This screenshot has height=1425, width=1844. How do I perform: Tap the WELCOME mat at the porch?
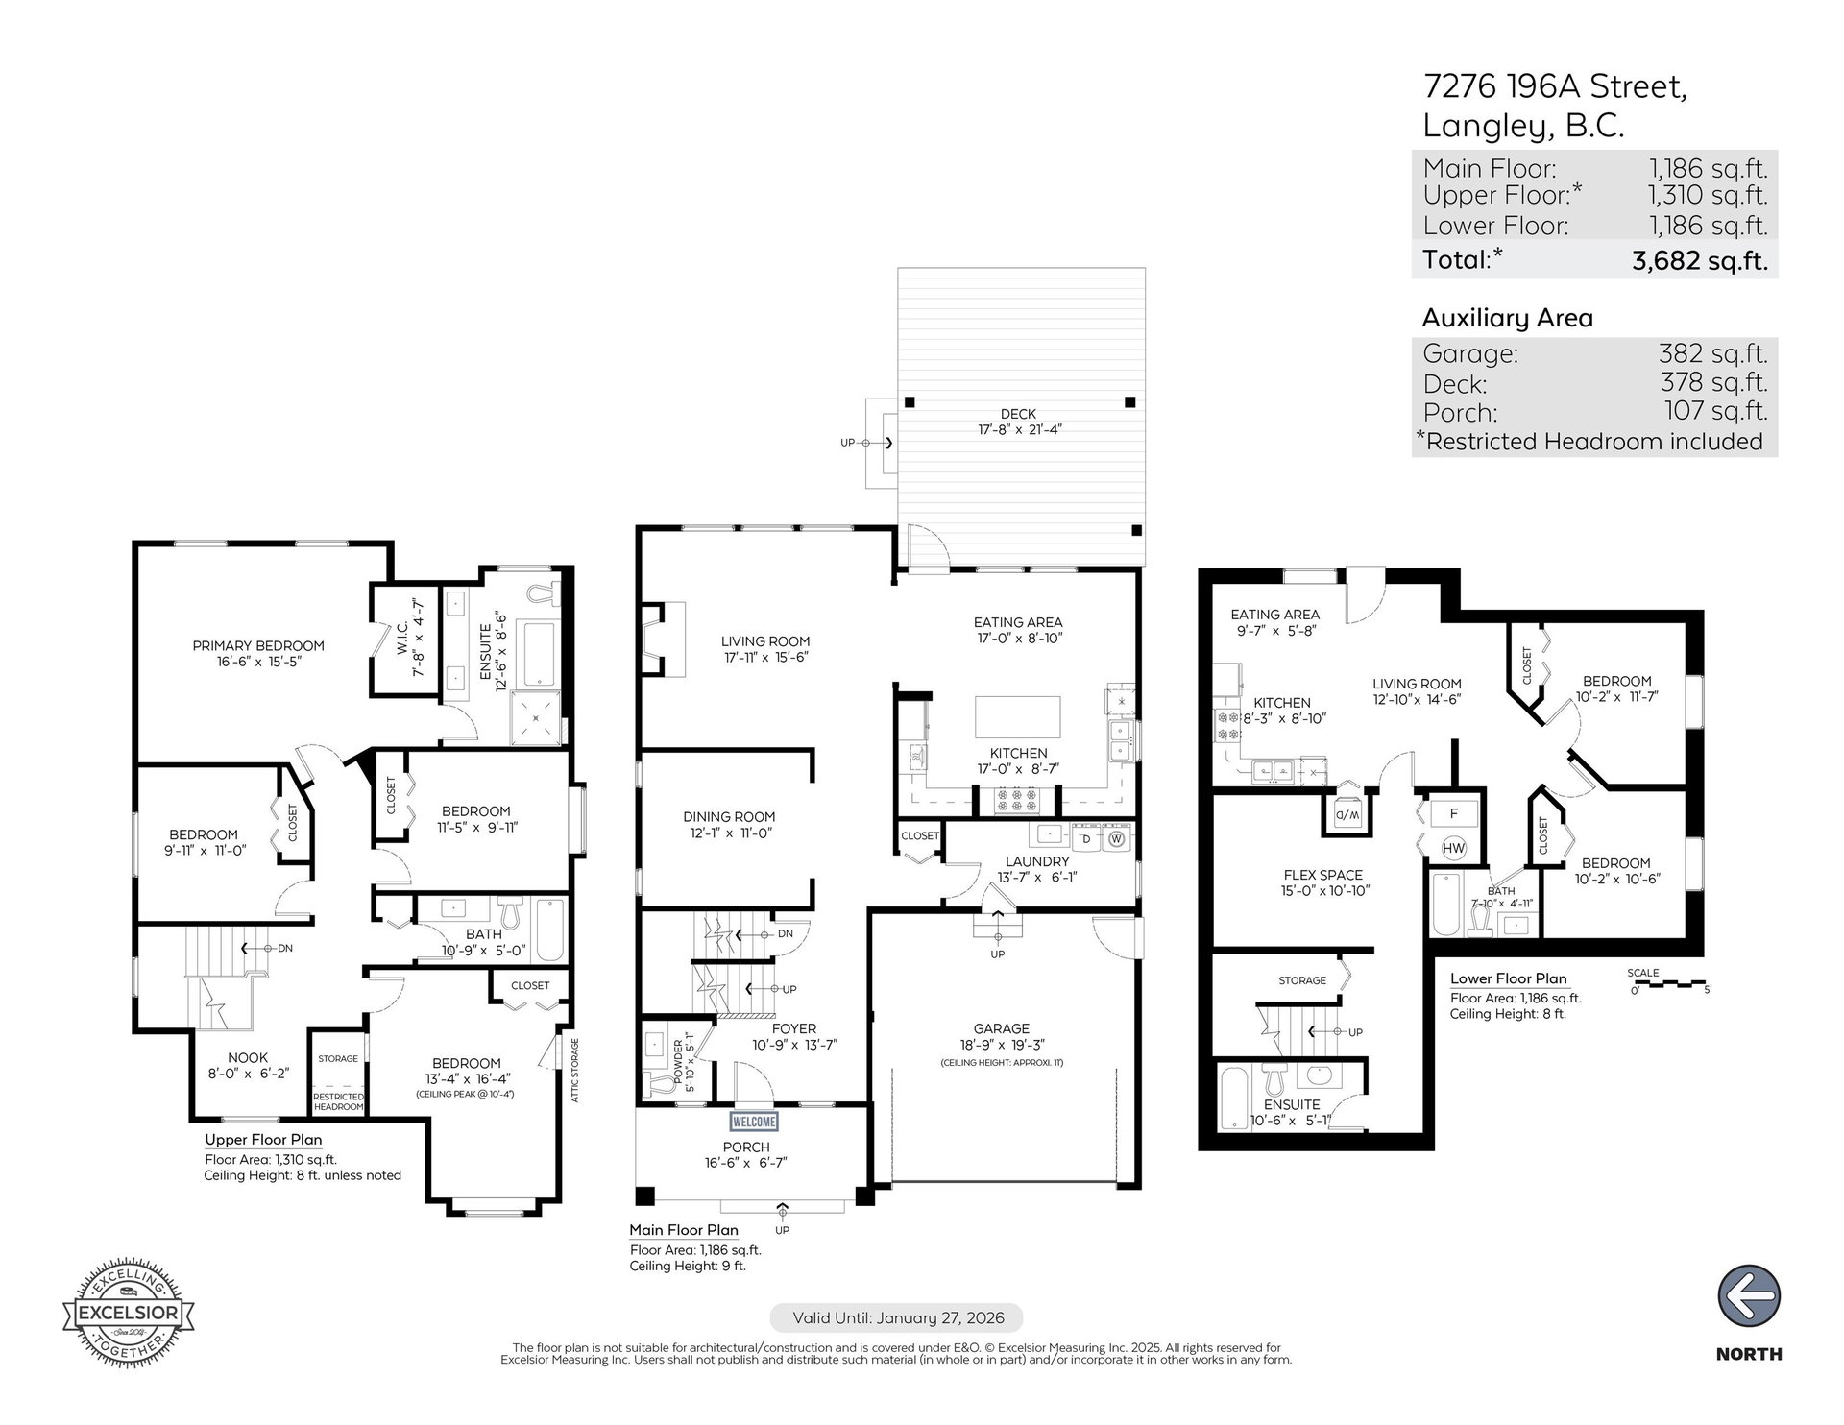click(754, 1121)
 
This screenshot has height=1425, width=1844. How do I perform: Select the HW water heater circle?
click(1454, 848)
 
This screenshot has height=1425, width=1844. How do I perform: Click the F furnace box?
click(1454, 813)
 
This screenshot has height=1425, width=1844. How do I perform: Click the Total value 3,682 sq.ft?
click(1700, 260)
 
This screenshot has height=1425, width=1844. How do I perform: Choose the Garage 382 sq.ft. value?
click(1713, 353)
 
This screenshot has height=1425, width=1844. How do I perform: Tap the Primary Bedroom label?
click(258, 645)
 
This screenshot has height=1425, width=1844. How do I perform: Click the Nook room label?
click(248, 1057)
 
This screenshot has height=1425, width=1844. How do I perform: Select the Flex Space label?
click(1322, 875)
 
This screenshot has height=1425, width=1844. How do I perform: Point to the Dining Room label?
click(729, 817)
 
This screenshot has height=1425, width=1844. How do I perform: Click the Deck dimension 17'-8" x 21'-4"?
click(1018, 430)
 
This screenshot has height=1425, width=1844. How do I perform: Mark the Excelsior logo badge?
click(129, 1311)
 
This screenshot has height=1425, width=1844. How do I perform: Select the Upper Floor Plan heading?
click(263, 1140)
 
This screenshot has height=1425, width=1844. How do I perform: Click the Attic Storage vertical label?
click(574, 1070)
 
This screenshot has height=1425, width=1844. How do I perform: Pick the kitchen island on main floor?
click(1018, 716)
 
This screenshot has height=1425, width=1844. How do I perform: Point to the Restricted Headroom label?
click(338, 1101)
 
